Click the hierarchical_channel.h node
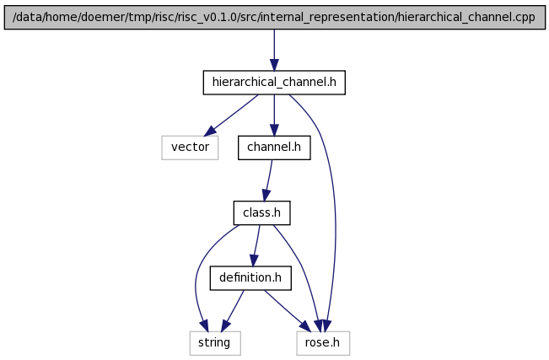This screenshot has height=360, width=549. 274,83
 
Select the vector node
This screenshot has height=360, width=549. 190,148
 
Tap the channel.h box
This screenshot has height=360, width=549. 274,148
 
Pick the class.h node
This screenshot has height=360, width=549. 262,212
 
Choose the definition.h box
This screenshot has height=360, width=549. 250,277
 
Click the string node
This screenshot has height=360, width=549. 215,343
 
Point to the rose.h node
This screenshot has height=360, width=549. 323,343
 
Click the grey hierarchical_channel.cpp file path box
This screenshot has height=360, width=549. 275,17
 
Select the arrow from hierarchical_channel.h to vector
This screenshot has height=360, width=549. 231,116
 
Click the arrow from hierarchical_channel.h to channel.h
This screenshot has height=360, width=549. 274,115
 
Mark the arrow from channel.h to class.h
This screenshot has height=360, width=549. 268,180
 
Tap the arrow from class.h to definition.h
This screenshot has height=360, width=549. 256,245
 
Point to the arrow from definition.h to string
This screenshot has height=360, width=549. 233,310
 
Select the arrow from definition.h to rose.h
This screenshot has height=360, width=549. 287,310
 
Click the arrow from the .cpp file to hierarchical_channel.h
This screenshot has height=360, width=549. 274,50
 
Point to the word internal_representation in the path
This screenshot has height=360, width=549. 327,17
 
